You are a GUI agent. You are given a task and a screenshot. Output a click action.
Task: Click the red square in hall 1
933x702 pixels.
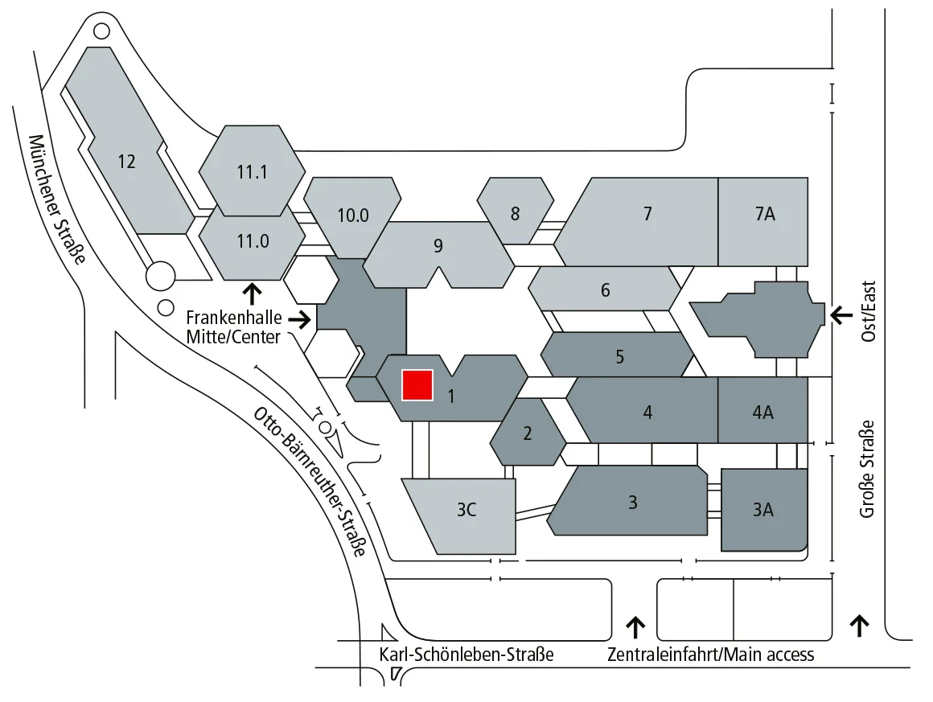click(417, 384)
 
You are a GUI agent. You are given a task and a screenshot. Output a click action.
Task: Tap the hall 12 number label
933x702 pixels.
click(126, 161)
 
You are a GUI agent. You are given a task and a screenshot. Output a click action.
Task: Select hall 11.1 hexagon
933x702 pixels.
click(252, 170)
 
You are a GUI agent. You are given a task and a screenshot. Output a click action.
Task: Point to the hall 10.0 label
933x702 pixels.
click(353, 215)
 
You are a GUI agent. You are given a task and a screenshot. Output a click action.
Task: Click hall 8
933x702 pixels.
click(515, 213)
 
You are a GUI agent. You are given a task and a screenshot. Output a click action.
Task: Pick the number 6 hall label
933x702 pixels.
click(606, 289)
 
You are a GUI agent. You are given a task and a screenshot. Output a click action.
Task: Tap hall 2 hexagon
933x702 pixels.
click(528, 433)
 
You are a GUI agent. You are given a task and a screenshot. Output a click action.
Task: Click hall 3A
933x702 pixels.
click(763, 508)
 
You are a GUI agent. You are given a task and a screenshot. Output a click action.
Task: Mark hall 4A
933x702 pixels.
click(762, 413)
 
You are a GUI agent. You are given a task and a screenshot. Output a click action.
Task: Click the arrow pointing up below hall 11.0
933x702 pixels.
click(253, 291)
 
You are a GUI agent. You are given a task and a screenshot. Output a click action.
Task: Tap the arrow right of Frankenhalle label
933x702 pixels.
click(301, 320)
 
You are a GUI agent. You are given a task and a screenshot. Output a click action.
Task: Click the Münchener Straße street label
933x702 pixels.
click(59, 198)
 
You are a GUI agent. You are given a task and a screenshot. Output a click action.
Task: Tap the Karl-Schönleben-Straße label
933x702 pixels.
click(466, 655)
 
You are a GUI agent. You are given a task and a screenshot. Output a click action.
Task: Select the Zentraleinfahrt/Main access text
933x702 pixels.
click(711, 655)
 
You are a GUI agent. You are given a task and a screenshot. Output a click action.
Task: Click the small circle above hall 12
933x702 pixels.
click(102, 31)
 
